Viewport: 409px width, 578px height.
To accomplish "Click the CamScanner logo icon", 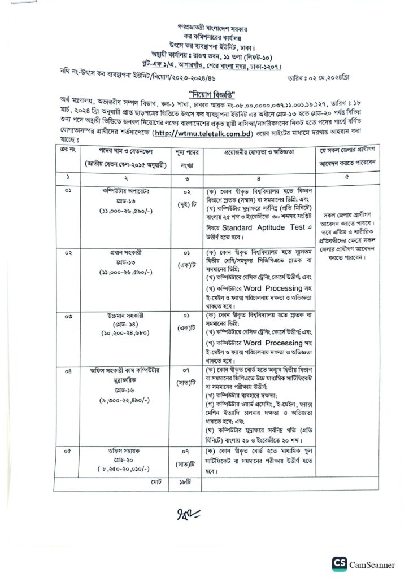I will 340,563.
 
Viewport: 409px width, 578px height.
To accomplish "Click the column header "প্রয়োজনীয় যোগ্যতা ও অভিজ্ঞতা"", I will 255,153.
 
